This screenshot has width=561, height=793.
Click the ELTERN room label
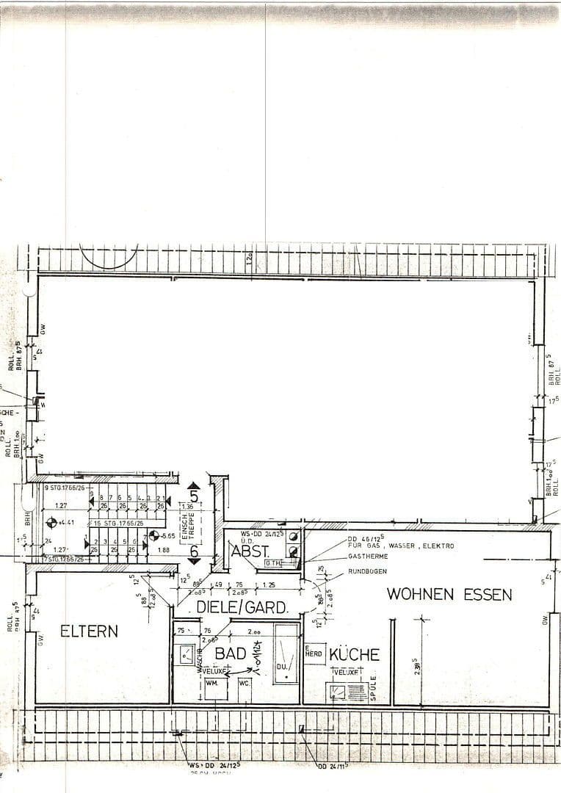tap(89, 631)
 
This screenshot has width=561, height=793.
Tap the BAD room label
tap(230, 653)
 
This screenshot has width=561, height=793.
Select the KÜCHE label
tap(354, 654)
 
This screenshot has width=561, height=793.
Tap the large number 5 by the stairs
tap(194, 495)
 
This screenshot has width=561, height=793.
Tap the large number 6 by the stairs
tap(194, 550)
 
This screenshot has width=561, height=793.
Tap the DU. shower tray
tap(286, 653)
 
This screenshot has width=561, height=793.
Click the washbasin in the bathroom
tap(187, 652)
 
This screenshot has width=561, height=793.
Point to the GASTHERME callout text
tap(369, 557)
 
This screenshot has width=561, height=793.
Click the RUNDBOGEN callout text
tap(368, 571)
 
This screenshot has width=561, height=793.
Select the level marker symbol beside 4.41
tap(51, 523)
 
